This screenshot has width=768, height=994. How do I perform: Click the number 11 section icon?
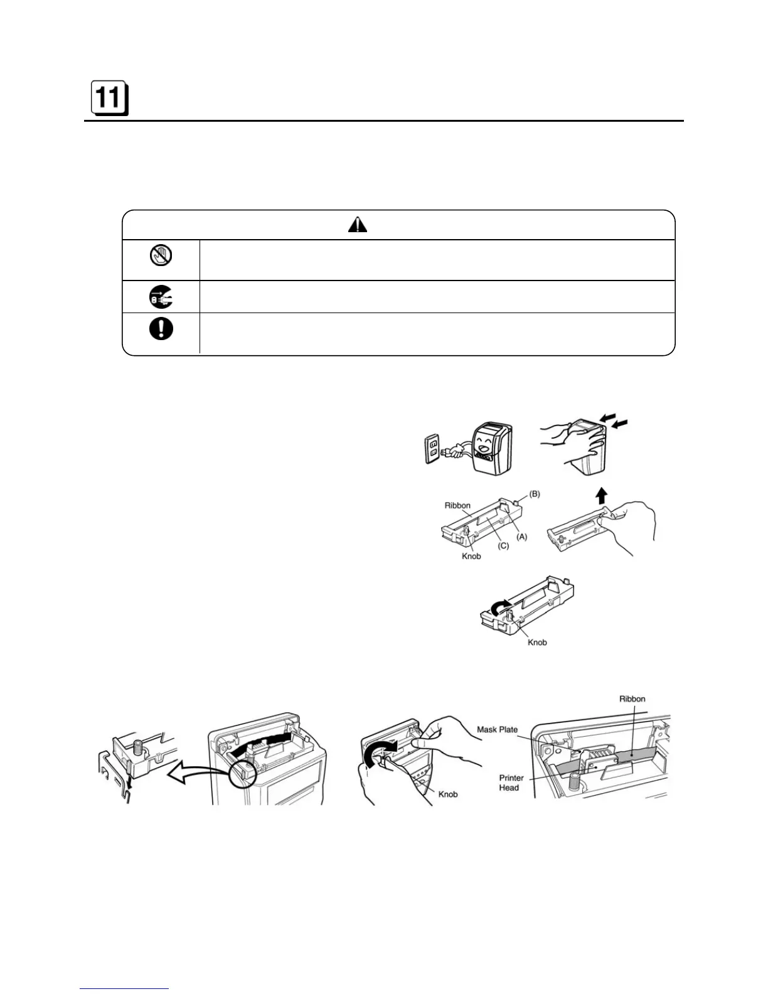coord(109,99)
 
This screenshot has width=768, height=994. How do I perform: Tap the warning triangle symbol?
coord(358,225)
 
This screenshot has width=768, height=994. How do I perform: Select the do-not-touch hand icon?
coord(161,255)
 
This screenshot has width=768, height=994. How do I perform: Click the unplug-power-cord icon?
coord(161,296)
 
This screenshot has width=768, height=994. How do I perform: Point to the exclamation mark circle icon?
coord(161,329)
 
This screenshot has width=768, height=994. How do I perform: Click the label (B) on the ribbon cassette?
coord(534,494)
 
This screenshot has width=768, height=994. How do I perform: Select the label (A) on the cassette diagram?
coord(521,537)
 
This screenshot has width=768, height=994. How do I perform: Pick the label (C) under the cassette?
coord(503,546)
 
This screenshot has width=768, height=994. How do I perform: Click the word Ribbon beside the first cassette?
coord(457,505)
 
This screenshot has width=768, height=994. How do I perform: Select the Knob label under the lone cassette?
coord(537,642)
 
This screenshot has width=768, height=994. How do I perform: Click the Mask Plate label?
coord(497,729)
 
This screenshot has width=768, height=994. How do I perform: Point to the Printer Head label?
coord(511,783)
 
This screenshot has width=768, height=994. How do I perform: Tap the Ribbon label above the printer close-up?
coord(632,698)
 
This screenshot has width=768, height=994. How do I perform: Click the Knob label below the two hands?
coord(447,794)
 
